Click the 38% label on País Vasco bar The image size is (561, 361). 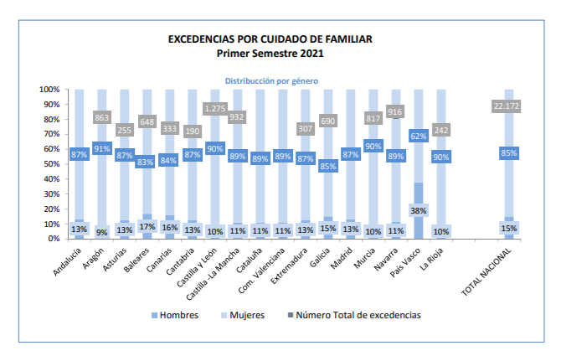pos(419,211)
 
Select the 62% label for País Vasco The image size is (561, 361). pos(419,136)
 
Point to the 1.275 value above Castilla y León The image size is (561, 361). pos(215,108)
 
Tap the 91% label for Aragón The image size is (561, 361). pos(102,149)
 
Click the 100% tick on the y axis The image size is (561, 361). pos(49,90)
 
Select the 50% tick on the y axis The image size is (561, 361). pos(50,164)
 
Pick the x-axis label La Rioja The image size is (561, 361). pos(430,259)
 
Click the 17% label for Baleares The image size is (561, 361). pos(147,226)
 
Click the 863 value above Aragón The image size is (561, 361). pos(102,119)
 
